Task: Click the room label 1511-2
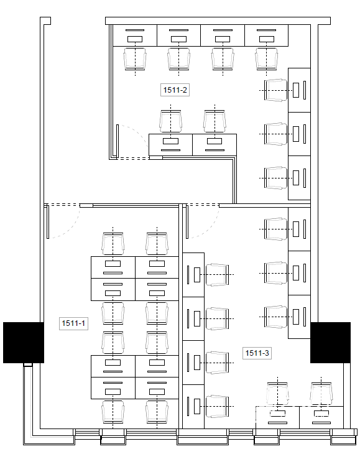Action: click(175, 90)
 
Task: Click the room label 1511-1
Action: click(73, 323)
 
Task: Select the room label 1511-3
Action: click(257, 353)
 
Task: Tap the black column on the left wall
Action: click(24, 343)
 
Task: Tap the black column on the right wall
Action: click(330, 343)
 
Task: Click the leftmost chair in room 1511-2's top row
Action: click(135, 59)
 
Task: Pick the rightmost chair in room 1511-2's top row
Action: click(267, 59)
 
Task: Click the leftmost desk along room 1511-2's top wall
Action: click(135, 35)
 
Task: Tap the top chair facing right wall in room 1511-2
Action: click(276, 90)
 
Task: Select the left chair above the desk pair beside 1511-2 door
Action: click(170, 121)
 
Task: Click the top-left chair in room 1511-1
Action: click(113, 244)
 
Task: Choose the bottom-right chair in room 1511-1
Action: click(157, 412)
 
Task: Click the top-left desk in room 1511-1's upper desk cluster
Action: click(113, 267)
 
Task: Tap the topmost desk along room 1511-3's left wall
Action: click(193, 275)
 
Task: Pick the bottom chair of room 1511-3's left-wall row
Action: click(218, 406)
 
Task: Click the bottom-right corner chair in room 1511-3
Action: click(321, 394)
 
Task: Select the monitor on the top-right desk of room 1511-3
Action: click(296, 229)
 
